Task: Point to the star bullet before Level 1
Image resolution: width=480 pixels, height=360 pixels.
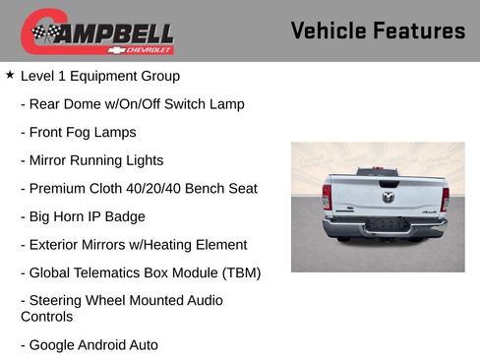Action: coord(10,75)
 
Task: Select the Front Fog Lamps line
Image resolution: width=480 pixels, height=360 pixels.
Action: coord(82,132)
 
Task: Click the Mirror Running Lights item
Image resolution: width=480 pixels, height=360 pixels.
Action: coord(95,160)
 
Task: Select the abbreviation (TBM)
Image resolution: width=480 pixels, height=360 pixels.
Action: coord(237,272)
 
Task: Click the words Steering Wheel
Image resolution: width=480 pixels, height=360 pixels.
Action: coord(74,300)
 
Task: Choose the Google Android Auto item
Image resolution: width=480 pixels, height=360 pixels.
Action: coord(92,344)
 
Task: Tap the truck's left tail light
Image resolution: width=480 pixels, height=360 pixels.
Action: coord(327,197)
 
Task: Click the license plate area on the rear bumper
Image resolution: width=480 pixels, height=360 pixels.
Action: coord(387,225)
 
